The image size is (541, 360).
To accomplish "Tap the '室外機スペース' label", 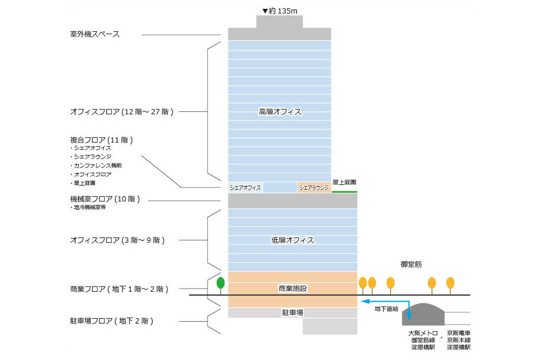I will point(95,34).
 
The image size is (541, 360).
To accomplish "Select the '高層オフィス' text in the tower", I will point(280,111).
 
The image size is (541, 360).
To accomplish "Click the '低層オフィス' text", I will point(292,240).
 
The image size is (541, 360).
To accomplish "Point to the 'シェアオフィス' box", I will point(246,188).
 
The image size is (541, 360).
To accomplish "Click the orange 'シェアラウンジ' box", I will point(314,188).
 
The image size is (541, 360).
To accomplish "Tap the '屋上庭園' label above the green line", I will point(344,183).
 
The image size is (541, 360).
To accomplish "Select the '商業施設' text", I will point(293,289).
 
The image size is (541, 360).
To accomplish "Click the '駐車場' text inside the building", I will point(293,313).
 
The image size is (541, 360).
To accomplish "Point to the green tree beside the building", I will point(221,283).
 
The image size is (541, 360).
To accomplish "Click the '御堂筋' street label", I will point(411,265).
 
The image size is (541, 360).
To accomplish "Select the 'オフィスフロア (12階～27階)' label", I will point(121,111).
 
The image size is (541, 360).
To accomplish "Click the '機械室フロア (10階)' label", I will point(105,199).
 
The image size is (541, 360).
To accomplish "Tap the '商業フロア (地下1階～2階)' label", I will point(119,289).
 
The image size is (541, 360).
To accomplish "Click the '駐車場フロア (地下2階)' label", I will point(112,321).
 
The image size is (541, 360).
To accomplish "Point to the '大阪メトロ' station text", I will point(423,333).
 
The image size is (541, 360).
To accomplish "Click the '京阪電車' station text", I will point(459,333).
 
